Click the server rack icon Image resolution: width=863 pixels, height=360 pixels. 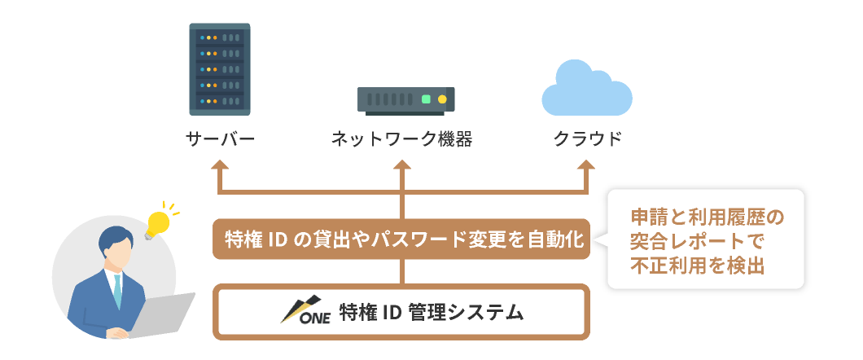point(220,69)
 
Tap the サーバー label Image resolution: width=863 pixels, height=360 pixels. point(221,139)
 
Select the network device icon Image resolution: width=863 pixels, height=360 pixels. point(405,99)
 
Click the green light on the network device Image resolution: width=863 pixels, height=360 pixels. point(426,99)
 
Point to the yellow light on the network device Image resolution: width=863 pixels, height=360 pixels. point(442,99)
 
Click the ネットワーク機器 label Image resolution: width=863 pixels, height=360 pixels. point(401,139)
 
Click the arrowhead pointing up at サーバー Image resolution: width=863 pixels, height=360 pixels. point(221,165)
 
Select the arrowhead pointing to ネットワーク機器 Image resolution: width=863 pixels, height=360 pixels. point(401,165)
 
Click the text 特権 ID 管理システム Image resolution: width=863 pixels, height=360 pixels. point(431,311)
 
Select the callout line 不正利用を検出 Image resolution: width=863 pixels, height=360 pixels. point(698,266)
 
